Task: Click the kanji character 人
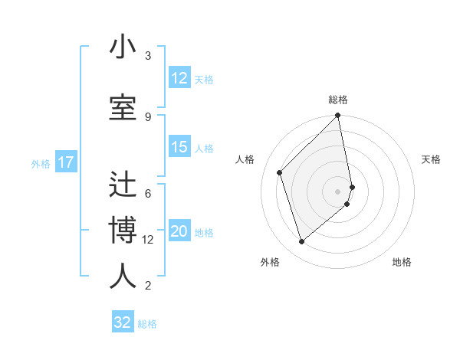123,277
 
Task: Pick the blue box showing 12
179,78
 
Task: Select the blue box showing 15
179,148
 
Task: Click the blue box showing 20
179,232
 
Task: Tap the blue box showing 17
65,162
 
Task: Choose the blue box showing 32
123,322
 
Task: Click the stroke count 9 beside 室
148,116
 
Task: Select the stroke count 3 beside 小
148,56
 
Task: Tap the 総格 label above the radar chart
338,100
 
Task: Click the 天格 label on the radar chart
431,159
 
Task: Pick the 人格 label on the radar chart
245,159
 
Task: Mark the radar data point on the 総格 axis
338,116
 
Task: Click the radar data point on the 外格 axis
301,242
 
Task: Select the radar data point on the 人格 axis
280,172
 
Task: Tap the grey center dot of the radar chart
338,191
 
